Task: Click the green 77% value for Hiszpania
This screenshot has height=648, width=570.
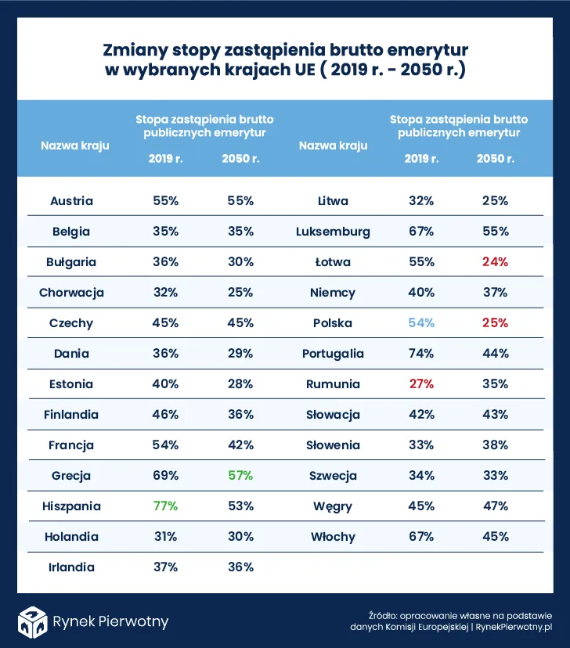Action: [x=165, y=506]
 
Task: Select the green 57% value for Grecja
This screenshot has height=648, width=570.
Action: [x=240, y=476]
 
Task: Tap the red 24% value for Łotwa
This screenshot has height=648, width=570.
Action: [x=495, y=262]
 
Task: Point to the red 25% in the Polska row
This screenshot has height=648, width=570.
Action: [x=495, y=323]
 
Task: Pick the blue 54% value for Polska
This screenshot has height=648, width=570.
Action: [x=421, y=323]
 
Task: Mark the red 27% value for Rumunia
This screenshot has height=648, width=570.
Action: [x=421, y=384]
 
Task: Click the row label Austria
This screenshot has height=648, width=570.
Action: [x=71, y=201]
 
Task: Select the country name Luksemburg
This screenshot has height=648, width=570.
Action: [x=333, y=232]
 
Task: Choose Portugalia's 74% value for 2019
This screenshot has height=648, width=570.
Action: [x=421, y=354]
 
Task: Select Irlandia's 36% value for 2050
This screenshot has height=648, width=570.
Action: [x=240, y=567]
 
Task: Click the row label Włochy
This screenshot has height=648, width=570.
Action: [x=333, y=537]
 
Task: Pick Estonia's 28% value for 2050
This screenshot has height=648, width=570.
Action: [x=240, y=384]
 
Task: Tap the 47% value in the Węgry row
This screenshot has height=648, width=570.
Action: [x=495, y=506]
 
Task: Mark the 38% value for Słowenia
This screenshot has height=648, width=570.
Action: [x=495, y=445]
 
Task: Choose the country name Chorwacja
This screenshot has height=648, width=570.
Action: [x=71, y=293]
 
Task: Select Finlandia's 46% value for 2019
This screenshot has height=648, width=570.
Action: [x=165, y=415]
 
